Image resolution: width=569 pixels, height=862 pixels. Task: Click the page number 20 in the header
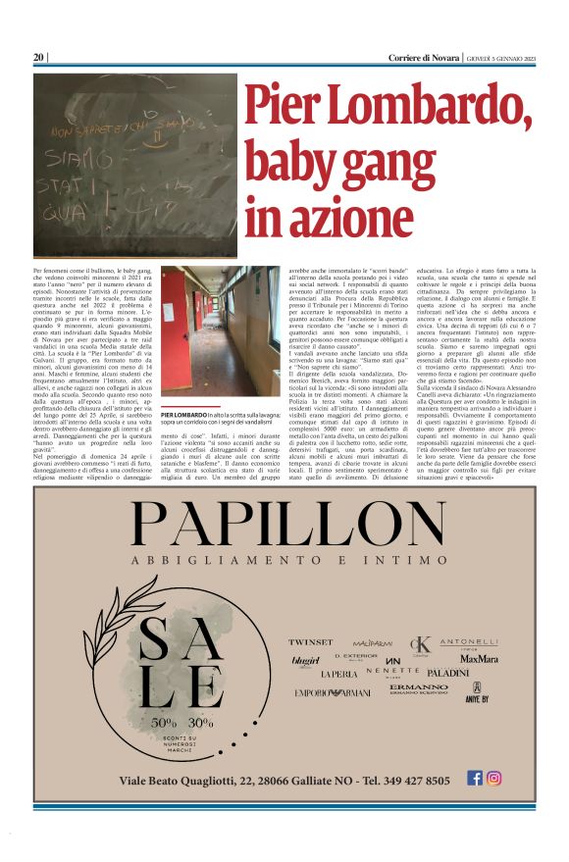pos(39,57)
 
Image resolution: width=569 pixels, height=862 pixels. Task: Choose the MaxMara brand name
pos(478,659)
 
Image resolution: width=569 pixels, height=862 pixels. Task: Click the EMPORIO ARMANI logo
pos(333,692)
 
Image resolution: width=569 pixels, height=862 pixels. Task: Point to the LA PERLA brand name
pos(339,675)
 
